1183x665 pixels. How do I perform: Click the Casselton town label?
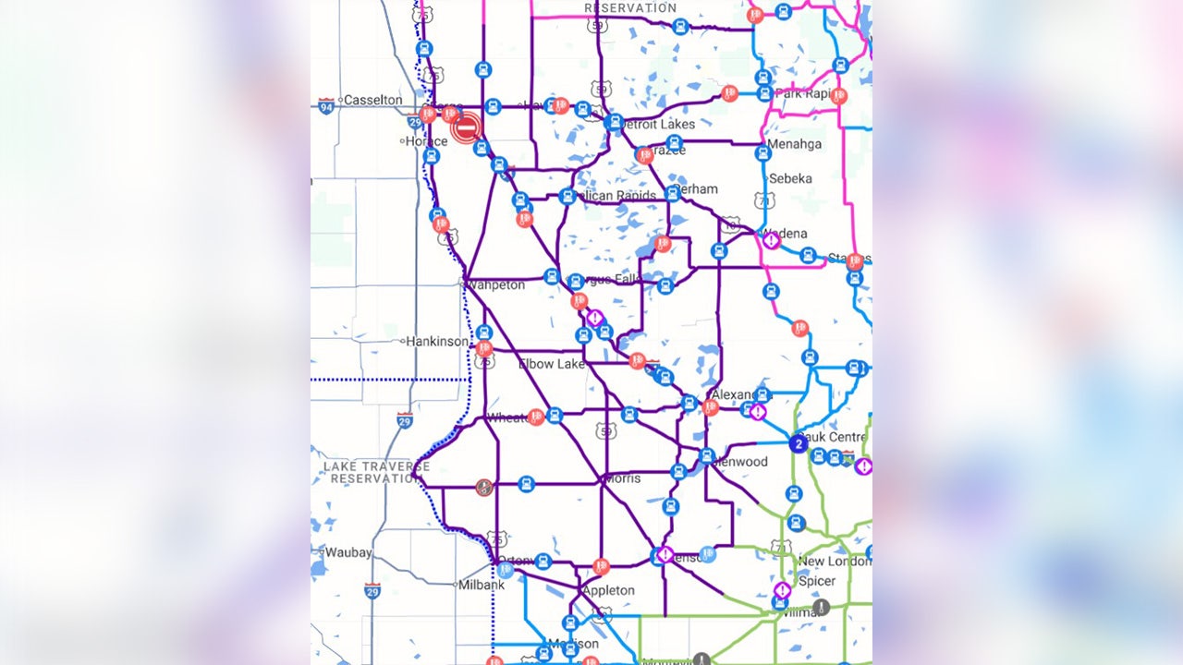click(373, 100)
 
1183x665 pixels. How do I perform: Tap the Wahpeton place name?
click(496, 285)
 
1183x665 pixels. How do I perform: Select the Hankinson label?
click(437, 342)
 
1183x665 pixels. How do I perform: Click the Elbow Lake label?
click(552, 364)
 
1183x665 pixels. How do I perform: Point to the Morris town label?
click(622, 478)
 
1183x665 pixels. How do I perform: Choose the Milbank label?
click(482, 585)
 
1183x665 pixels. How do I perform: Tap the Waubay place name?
click(347, 552)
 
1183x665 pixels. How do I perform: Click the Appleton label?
click(608, 590)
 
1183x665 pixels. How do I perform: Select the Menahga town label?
click(794, 144)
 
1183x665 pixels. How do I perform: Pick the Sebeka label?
click(790, 178)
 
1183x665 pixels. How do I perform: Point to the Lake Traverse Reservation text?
click(376, 473)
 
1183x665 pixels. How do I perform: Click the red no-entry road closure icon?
click(468, 127)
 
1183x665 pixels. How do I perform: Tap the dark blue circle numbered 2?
click(799, 444)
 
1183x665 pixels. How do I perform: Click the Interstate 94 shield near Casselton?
click(325, 106)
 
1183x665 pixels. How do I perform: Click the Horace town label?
click(426, 141)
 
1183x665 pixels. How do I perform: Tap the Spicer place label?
click(817, 581)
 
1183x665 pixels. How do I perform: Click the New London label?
click(834, 562)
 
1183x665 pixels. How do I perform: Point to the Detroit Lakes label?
click(658, 125)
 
